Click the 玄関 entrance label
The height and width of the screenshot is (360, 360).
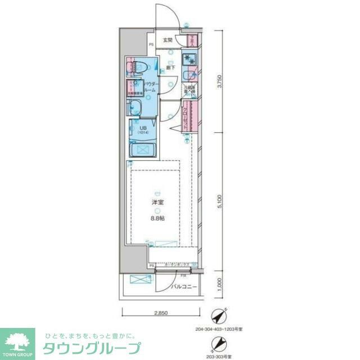click(168, 40)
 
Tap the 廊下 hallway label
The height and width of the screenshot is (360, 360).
click(170, 68)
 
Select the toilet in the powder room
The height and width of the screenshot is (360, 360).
click(137, 68)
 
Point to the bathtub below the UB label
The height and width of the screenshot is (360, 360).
click(143, 150)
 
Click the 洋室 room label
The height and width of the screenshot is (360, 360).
click(158, 202)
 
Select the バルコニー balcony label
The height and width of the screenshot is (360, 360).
click(184, 287)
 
